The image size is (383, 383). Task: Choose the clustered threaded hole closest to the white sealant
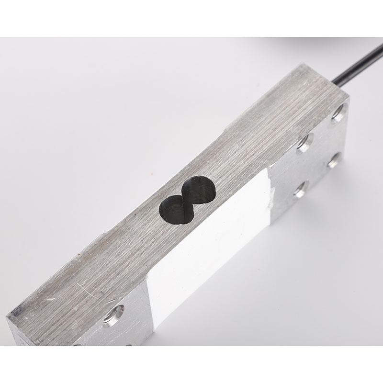pyautogui.click(x=300, y=191)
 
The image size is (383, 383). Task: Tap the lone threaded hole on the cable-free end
pyautogui.click(x=113, y=314)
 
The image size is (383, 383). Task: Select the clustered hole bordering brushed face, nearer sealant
pyautogui.click(x=304, y=142)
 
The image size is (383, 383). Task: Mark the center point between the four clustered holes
pyautogui.click(x=320, y=152)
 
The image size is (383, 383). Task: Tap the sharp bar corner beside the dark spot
pyautogui.click(x=7, y=316)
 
